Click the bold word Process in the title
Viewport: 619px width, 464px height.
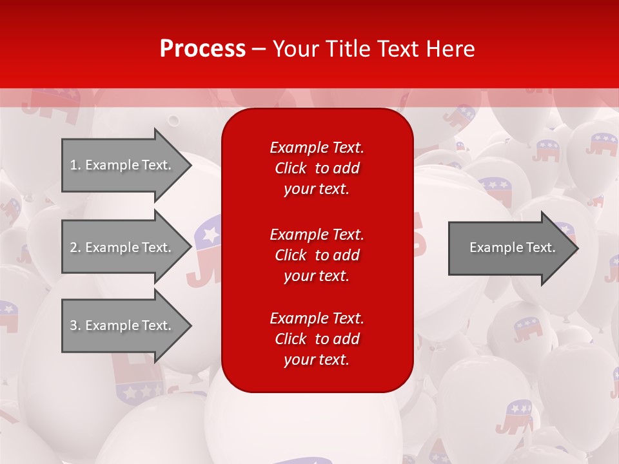202,49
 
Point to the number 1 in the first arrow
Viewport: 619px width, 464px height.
74,165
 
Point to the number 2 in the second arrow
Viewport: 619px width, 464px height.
74,247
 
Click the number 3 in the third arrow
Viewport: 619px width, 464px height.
74,325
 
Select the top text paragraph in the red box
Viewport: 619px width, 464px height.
317,168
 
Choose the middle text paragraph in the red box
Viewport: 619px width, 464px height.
317,255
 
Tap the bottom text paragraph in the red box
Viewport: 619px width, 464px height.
317,339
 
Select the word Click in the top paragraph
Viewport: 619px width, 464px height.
290,169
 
